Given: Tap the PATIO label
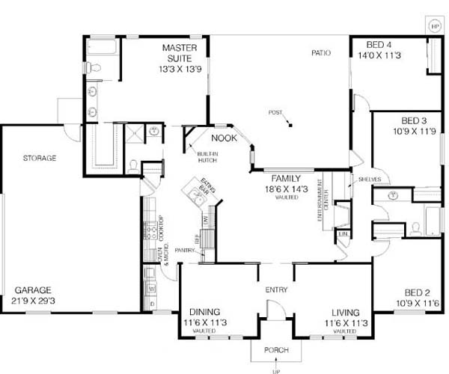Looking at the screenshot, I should click(x=322, y=52).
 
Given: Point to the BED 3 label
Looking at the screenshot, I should click(x=414, y=120).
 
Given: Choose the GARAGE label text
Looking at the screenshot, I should click(x=32, y=289).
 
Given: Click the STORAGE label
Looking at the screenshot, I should click(x=40, y=158).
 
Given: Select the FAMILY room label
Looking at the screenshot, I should click(x=285, y=179).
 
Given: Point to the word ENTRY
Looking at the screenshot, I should click(x=276, y=289).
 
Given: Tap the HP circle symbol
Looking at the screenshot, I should click(x=435, y=25).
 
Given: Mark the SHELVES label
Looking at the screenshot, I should click(x=370, y=180).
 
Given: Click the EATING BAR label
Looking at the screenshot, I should click(x=209, y=185).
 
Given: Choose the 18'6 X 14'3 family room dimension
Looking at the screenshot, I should click(x=285, y=189).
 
